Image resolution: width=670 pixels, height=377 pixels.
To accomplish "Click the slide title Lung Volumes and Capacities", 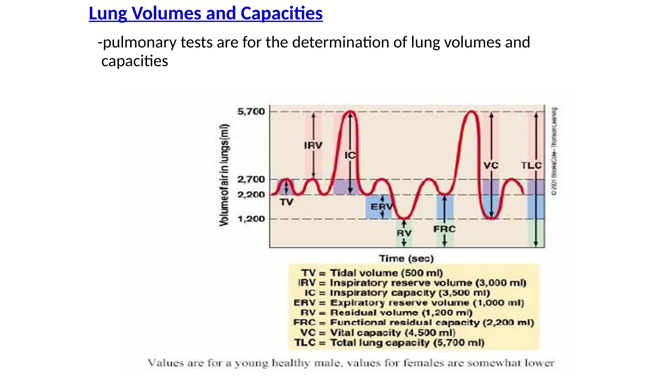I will pyautogui.click(x=205, y=14).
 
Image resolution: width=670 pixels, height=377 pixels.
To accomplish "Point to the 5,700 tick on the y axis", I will pyautogui.click(x=251, y=112).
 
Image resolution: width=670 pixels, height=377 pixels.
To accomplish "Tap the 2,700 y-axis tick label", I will pyautogui.click(x=251, y=180).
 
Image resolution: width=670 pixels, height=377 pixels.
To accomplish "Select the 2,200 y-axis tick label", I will pyautogui.click(x=251, y=195).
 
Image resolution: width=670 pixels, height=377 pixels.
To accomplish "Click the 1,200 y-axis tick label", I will pyautogui.click(x=251, y=219).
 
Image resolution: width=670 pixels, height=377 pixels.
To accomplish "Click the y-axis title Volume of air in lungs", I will pyautogui.click(x=224, y=175).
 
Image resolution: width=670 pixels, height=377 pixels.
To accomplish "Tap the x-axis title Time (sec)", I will pyautogui.click(x=406, y=259).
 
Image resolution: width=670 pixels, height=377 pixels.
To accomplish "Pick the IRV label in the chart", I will pyautogui.click(x=313, y=145).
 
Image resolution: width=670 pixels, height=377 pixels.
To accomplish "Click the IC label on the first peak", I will pyautogui.click(x=350, y=155).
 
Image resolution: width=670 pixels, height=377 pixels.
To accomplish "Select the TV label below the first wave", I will pyautogui.click(x=287, y=203).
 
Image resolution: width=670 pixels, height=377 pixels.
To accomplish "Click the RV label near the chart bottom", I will pyautogui.click(x=404, y=233).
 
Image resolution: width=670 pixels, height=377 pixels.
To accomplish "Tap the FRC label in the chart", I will pyautogui.click(x=444, y=229).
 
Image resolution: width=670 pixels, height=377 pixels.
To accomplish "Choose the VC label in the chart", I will pyautogui.click(x=491, y=166).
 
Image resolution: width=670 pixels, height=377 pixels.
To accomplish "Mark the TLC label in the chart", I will pyautogui.click(x=531, y=166).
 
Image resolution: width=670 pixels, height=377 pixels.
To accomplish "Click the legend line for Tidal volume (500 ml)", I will pyautogui.click(x=372, y=273).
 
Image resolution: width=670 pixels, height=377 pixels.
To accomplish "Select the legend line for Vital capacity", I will pyautogui.click(x=378, y=333).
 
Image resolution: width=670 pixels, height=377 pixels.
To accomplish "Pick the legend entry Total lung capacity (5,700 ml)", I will pyautogui.click(x=389, y=343).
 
